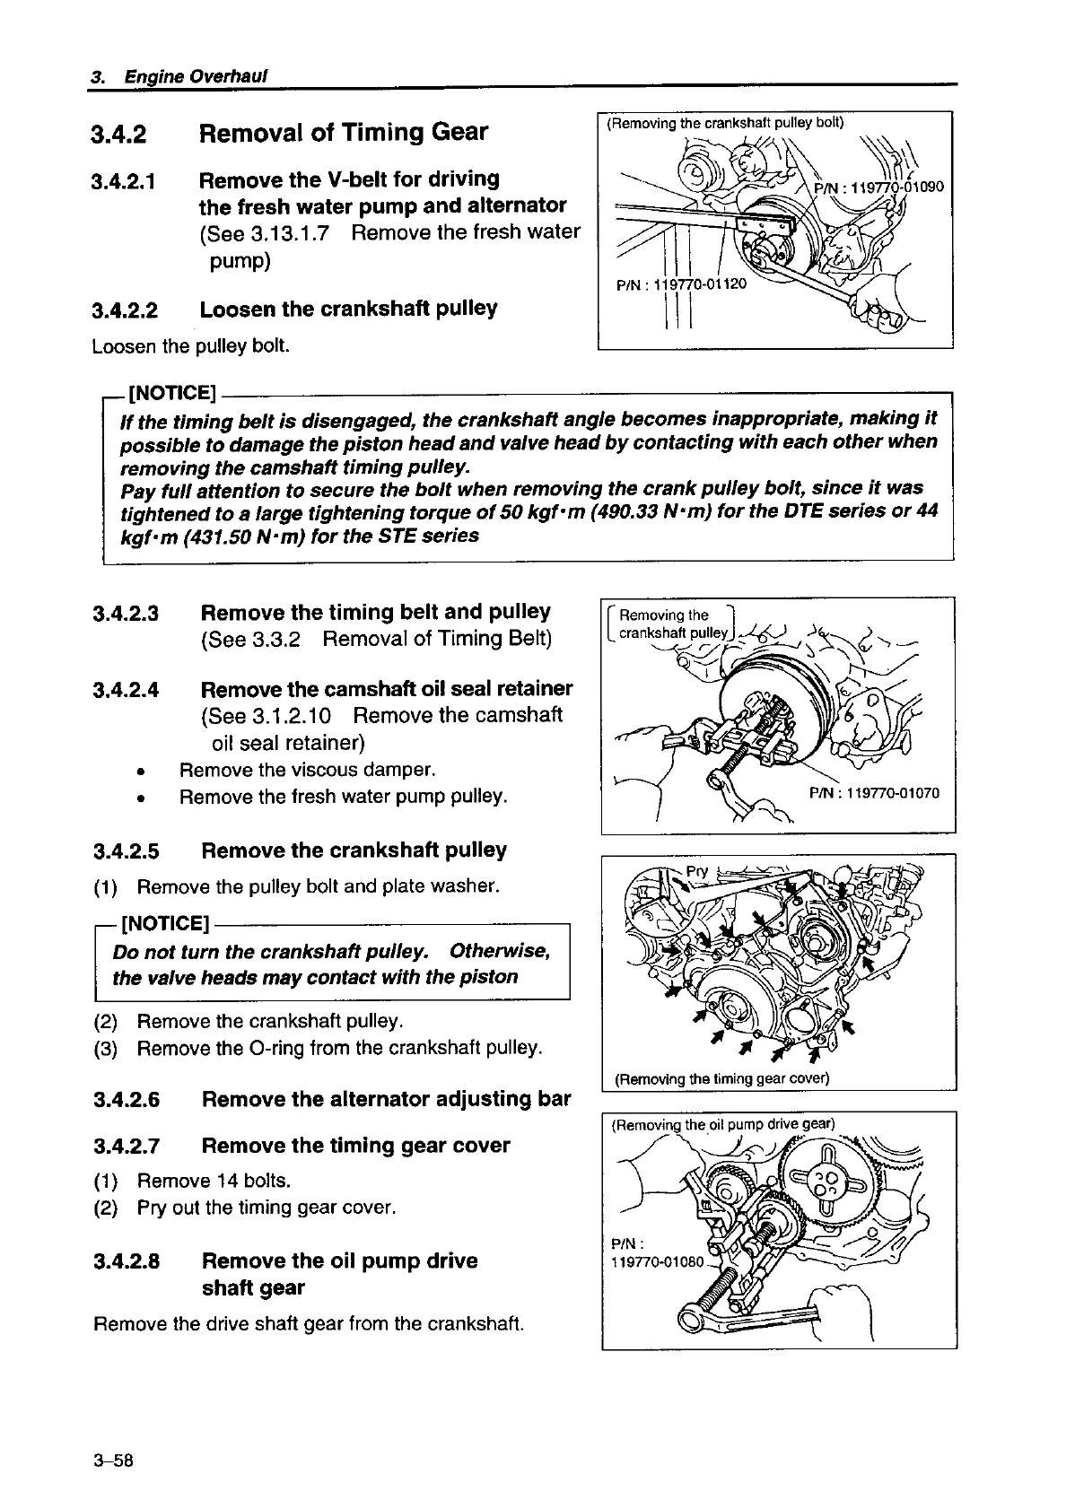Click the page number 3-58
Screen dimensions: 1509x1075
[113, 1459]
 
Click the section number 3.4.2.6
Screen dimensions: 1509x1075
[126, 1100]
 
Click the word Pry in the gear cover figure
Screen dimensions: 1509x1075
[697, 871]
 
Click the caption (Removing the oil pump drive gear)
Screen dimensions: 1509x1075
[721, 1124]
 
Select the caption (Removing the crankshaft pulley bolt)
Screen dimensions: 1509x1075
[726, 124]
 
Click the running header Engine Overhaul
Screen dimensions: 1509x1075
[196, 76]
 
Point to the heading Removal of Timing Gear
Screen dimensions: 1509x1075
[344, 133]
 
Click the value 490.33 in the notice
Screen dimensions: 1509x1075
[623, 512]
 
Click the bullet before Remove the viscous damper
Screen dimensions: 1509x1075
[142, 772]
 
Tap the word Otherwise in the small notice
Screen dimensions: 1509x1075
[499, 950]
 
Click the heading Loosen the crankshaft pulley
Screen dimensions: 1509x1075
[348, 310]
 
